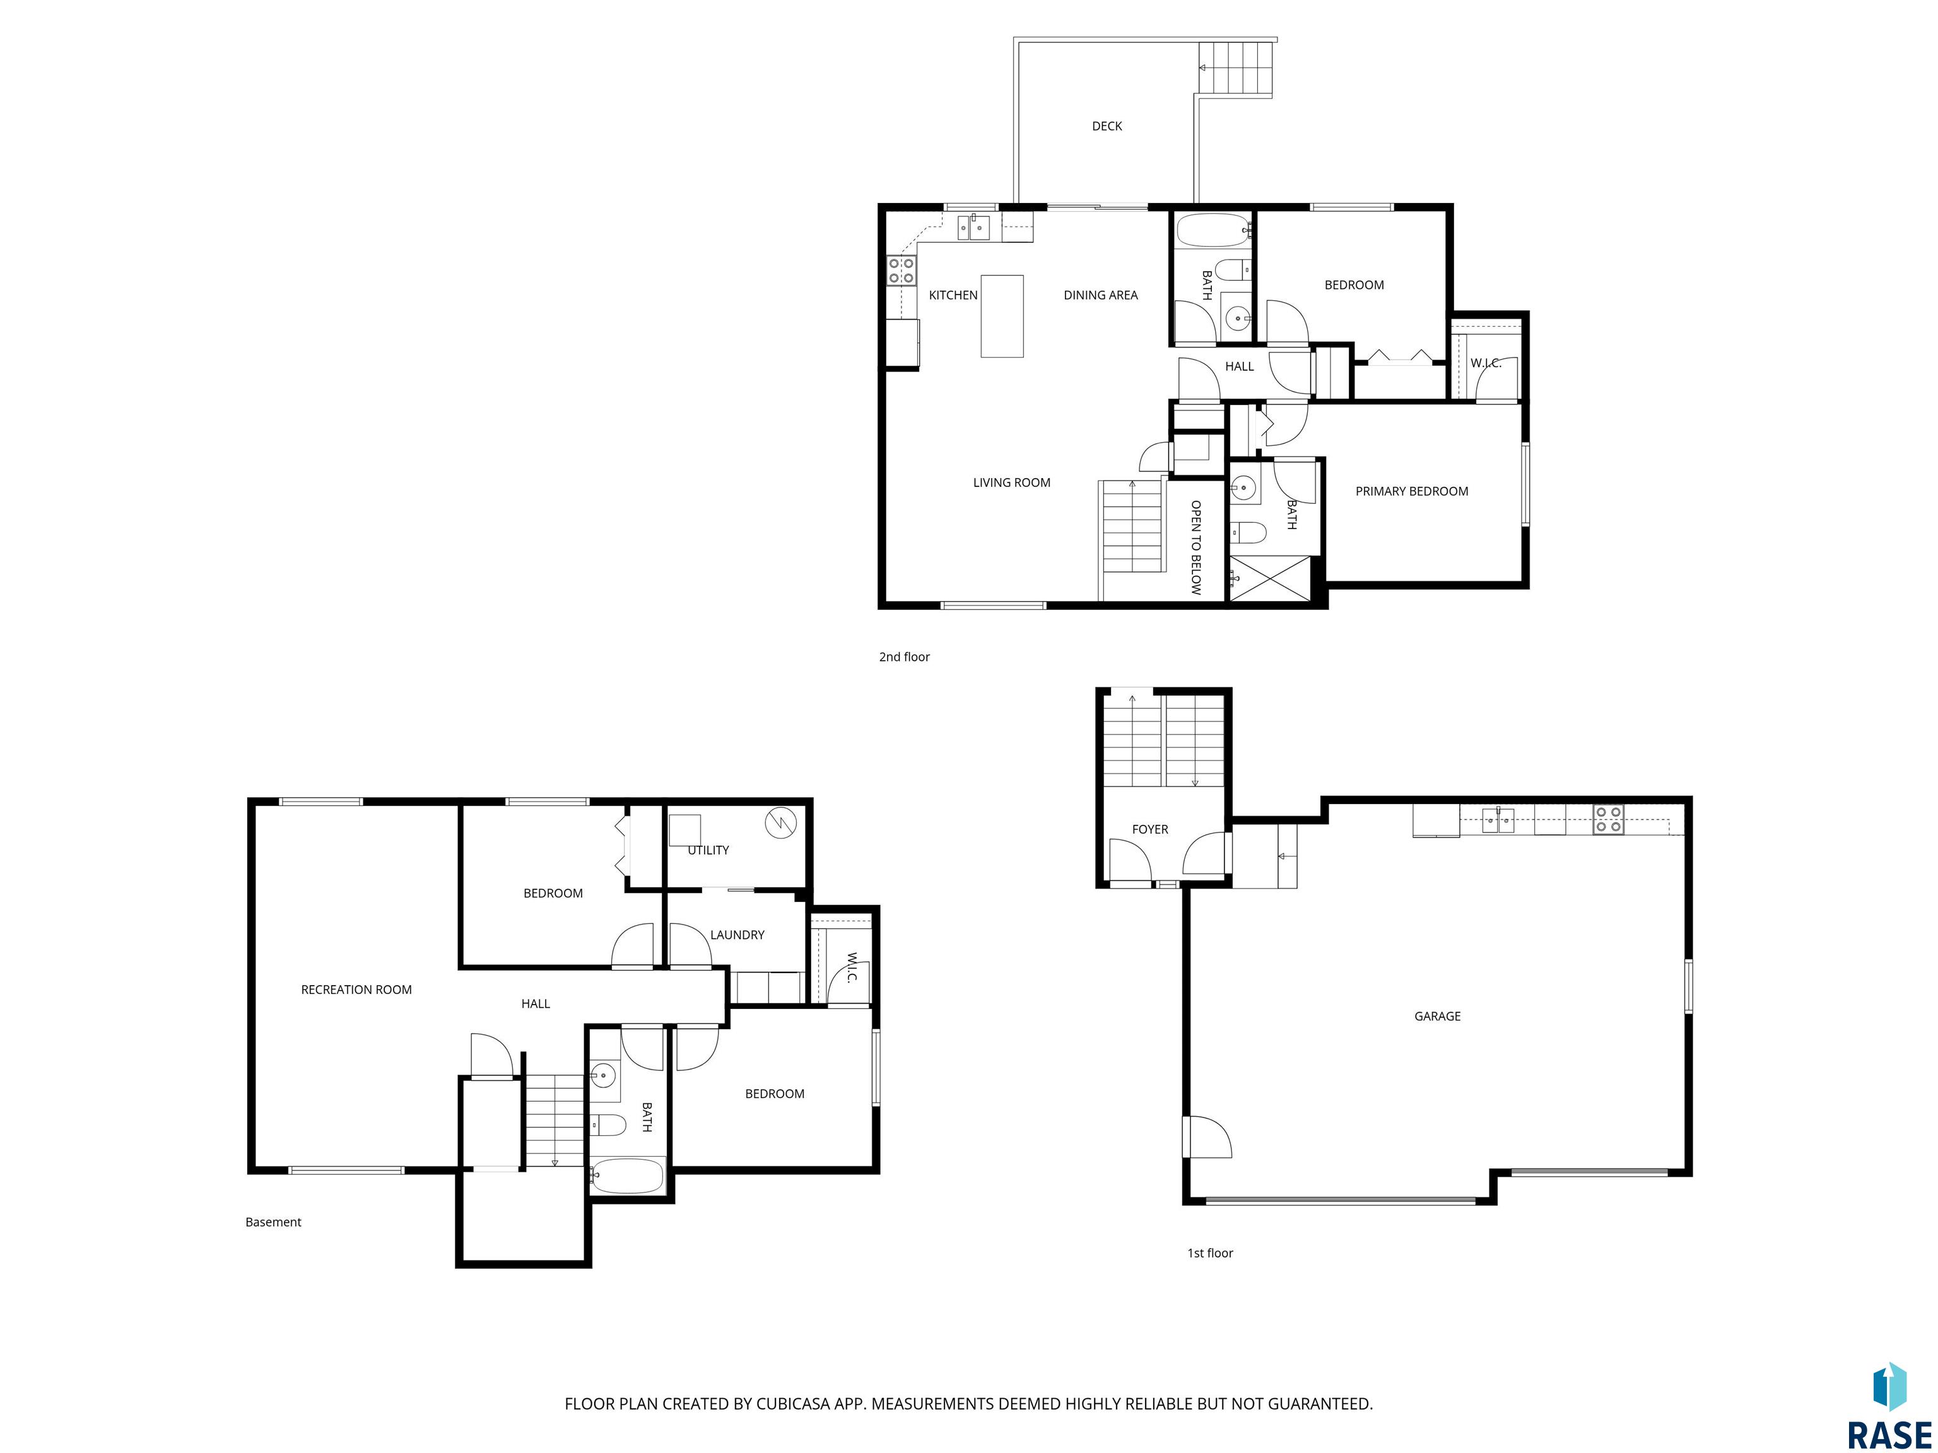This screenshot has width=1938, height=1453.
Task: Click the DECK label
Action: pos(1107,126)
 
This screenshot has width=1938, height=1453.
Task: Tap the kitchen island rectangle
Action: pos(1001,316)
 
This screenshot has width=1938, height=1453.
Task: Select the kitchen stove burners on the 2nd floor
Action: pos(901,270)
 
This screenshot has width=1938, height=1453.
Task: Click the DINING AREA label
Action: pos(1100,295)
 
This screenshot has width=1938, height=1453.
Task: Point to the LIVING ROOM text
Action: pos(1011,482)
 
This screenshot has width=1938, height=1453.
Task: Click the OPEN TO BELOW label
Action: pos(1196,547)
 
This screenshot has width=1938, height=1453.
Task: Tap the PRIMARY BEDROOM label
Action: pos(1411,491)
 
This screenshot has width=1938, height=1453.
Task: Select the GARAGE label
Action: pos(1437,1016)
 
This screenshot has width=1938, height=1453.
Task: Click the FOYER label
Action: pos(1149,829)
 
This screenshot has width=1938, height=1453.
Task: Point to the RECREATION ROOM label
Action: pos(356,989)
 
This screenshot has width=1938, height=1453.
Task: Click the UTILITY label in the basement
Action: pos(708,851)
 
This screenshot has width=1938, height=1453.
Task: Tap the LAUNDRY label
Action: pos(737,935)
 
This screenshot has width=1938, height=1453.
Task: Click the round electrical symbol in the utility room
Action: pos(780,822)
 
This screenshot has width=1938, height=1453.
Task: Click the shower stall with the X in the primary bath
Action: pos(1271,578)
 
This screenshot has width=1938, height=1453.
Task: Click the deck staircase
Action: pos(1235,67)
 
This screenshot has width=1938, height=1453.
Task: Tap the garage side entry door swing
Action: pos(1206,1137)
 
